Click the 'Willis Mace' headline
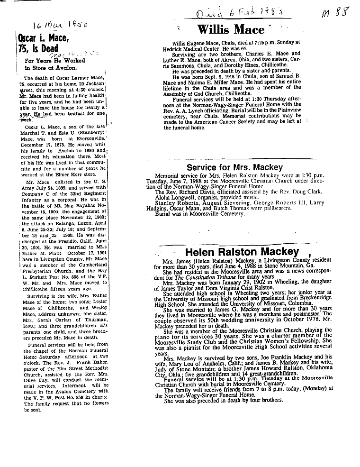point(230,30)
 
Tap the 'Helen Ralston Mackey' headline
point(242,252)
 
